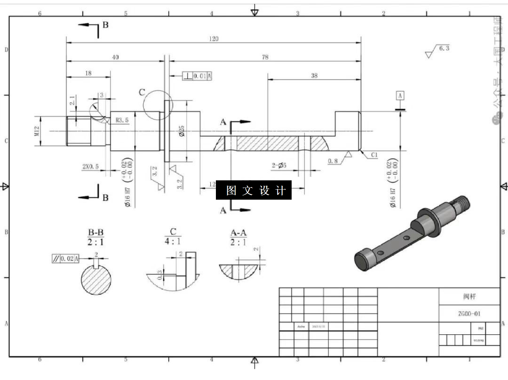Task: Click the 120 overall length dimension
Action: (214, 39)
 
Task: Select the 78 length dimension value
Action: (265, 57)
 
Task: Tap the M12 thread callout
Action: (37, 131)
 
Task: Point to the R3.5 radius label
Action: (122, 121)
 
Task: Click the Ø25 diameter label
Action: (182, 131)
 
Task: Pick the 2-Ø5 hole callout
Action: (279, 165)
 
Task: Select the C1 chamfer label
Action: (374, 155)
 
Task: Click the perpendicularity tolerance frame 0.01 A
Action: (197, 76)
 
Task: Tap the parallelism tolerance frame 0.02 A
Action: (65, 259)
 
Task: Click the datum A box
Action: (400, 96)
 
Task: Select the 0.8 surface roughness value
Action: (333, 161)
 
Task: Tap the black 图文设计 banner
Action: (254, 190)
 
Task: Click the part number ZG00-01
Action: (469, 314)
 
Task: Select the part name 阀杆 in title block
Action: (469, 297)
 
